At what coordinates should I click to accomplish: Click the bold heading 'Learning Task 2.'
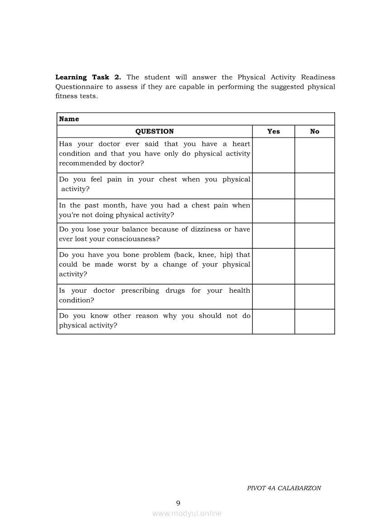pos(88,77)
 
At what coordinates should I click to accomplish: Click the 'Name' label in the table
pos(69,119)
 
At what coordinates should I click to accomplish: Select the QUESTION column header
pos(154,131)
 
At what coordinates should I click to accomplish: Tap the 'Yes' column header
pos(273,131)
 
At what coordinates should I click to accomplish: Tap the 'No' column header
pos(315,131)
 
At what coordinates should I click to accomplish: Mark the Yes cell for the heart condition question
pos(273,155)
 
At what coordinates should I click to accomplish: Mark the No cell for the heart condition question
pos(315,155)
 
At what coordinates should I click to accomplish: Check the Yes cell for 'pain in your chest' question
pos(273,186)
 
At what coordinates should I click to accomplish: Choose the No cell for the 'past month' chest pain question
pos(315,211)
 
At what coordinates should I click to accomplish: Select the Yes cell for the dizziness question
pos(273,235)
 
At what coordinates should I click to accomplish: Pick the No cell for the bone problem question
pos(315,266)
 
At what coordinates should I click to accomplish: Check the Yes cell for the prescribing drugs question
pos(273,296)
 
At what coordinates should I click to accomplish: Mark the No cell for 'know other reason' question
pos(315,322)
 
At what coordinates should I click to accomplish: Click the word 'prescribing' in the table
pos(140,291)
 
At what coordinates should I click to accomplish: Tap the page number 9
pos(178,503)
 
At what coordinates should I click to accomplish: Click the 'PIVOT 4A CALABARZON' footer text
pos(284,488)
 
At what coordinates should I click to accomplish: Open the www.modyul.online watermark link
pos(187,513)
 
